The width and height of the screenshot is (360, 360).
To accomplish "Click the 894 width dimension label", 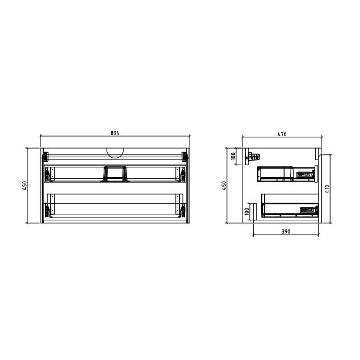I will [115, 133].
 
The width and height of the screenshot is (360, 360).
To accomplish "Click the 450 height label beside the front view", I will [24, 186].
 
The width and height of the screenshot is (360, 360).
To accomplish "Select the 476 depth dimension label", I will [282, 134].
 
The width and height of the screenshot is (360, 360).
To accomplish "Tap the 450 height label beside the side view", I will [224, 186].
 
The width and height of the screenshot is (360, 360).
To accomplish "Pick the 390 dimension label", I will [286, 231].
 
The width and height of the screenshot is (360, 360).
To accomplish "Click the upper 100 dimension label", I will [233, 156].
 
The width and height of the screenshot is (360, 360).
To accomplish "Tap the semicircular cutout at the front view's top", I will [115, 153].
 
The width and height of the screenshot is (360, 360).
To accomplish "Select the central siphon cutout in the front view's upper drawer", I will [115, 174].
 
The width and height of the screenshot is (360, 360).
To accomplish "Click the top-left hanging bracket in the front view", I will [45, 156].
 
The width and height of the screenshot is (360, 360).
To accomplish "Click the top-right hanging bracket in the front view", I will [184, 156].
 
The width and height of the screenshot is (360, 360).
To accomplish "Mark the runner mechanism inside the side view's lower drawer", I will [309, 210].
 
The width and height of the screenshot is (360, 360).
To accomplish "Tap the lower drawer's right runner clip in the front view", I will [182, 209].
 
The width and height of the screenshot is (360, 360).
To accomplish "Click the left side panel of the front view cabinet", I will [42, 186].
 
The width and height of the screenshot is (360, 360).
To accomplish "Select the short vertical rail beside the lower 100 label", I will [254, 212].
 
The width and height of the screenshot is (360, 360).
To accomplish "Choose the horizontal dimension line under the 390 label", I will [286, 235].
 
